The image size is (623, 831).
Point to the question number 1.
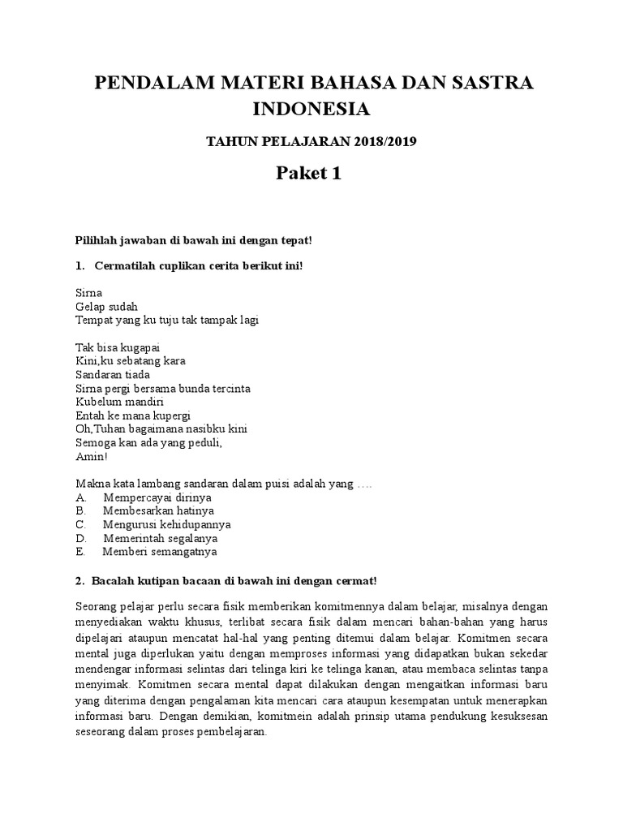pyautogui.click(x=79, y=265)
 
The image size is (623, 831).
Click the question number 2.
pyautogui.click(x=79, y=581)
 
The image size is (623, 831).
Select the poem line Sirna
pyautogui.click(x=88, y=293)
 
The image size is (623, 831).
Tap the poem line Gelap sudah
pyautogui.click(x=106, y=307)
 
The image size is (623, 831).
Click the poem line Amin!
pyautogui.click(x=91, y=456)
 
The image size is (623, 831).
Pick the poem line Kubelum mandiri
pyautogui.click(x=119, y=402)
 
